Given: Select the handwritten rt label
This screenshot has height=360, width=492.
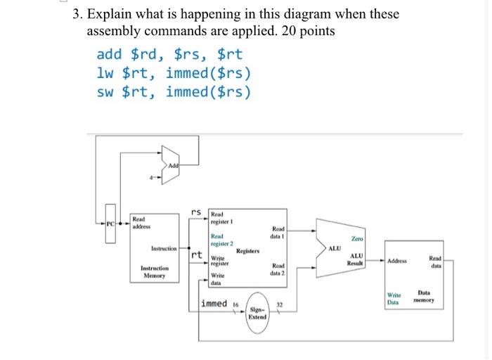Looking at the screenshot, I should [197, 255].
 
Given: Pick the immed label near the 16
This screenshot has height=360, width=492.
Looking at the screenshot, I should [214, 303].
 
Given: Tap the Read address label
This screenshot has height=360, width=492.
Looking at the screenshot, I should [143, 222].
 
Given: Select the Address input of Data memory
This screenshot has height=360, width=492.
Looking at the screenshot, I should [398, 262].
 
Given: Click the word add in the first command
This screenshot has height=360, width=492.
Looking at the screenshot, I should [110, 53].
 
